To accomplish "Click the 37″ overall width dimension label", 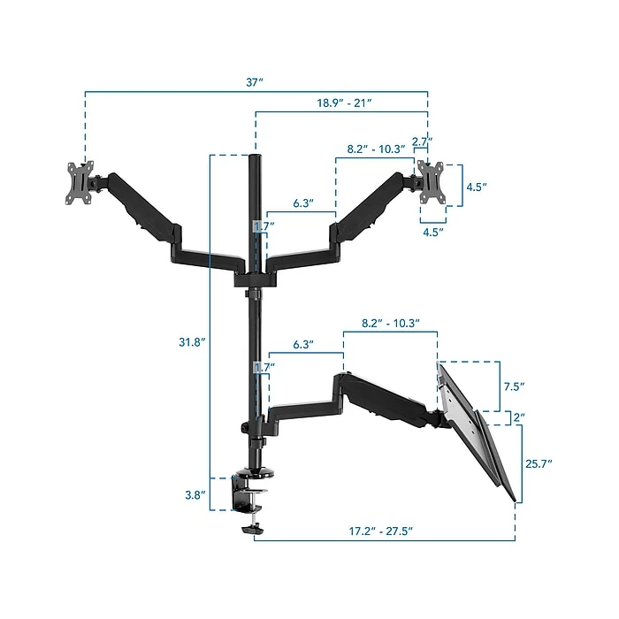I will coord(256,82).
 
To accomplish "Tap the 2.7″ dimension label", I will coord(422,141).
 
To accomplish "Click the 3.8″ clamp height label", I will coord(195,494).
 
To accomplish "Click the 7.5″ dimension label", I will coord(514,386).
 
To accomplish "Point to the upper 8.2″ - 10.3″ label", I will coord(376,149).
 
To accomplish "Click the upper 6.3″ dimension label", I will coord(302,203).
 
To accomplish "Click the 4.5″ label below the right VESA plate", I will coord(432,232).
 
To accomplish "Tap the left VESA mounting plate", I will coord(81,182).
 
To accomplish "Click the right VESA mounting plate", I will coord(431,182).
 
